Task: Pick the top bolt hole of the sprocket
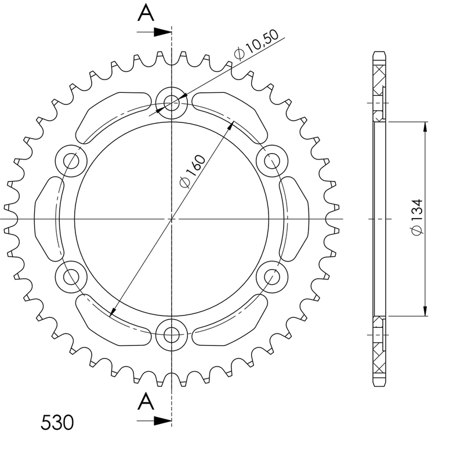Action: pyautogui.click(x=172, y=103)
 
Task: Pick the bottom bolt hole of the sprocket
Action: pyautogui.click(x=172, y=333)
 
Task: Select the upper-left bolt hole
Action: pyautogui.click(x=71, y=160)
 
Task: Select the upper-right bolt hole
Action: pyautogui.click(x=271, y=160)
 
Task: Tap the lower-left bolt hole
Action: pyautogui.click(x=71, y=277)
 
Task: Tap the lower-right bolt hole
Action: pyautogui.click(x=271, y=277)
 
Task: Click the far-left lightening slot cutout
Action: pyautogui.click(x=48, y=219)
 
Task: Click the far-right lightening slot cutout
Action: pyautogui.click(x=296, y=219)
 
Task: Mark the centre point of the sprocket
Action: pyautogui.click(x=172, y=219)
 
